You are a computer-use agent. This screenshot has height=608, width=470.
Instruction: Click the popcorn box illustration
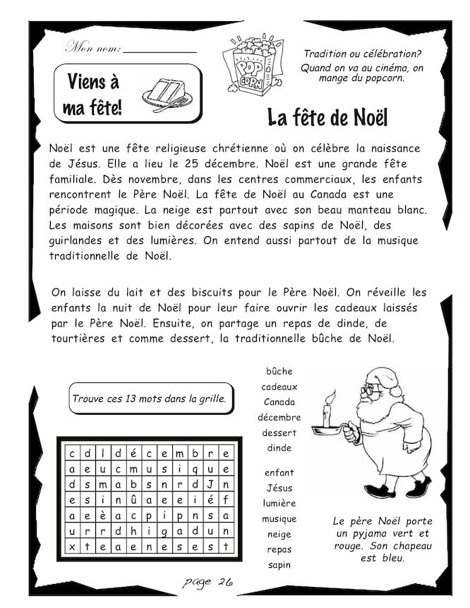pyautogui.click(x=248, y=64)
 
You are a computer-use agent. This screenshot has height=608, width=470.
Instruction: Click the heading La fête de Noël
pyautogui.click(x=328, y=117)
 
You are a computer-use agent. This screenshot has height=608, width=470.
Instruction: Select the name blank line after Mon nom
pyautogui.click(x=160, y=51)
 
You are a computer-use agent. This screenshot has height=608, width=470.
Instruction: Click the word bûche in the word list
pyautogui.click(x=279, y=372)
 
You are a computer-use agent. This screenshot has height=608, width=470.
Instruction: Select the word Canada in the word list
pyautogui.click(x=279, y=402)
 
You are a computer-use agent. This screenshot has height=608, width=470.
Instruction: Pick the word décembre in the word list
pyautogui.click(x=279, y=418)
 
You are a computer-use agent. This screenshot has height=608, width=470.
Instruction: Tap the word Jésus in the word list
pyautogui.click(x=279, y=488)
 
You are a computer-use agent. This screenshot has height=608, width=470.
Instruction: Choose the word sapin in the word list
pyautogui.click(x=279, y=565)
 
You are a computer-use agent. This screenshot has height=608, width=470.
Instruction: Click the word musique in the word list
pyautogui.click(x=279, y=519)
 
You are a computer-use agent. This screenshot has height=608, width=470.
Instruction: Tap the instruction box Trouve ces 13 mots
pyautogui.click(x=150, y=399)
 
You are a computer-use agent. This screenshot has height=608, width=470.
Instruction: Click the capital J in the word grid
pyautogui.click(x=210, y=484)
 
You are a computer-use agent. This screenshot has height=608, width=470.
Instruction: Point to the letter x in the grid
pyautogui.click(x=71, y=547)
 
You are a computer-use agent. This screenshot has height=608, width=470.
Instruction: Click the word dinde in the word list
pyautogui.click(x=279, y=448)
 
